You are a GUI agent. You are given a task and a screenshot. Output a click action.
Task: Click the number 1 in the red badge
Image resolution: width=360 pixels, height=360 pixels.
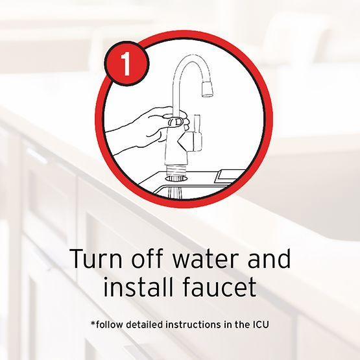126,64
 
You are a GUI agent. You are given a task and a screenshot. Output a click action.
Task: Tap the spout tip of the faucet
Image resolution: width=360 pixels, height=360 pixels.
208,89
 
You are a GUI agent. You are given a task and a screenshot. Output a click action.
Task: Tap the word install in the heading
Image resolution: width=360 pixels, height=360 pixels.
138,286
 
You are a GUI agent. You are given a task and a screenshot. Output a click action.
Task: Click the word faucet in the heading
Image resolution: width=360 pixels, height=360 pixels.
219,286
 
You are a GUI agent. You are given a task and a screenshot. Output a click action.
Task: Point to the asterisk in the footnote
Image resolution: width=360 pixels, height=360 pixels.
93,323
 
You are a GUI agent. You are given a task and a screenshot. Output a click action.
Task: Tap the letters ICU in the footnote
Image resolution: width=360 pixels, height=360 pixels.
261,324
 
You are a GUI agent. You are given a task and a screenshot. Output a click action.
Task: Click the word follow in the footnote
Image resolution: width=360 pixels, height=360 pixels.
110,324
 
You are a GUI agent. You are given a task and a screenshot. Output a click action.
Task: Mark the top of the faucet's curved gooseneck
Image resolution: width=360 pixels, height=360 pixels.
192,56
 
